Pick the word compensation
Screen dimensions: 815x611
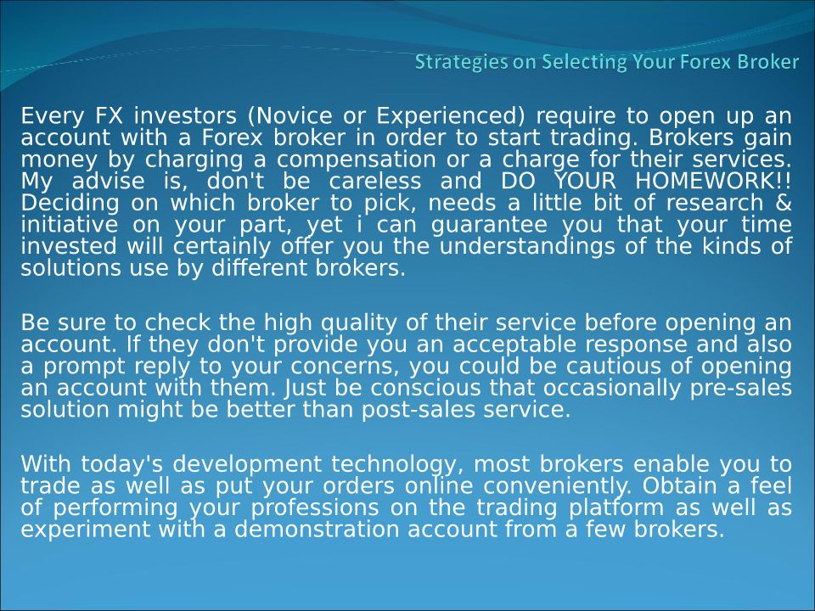356,160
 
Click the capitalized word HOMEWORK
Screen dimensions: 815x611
705,182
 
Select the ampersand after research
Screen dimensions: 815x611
783,203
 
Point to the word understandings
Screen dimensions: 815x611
527,247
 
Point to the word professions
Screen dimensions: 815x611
315,508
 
